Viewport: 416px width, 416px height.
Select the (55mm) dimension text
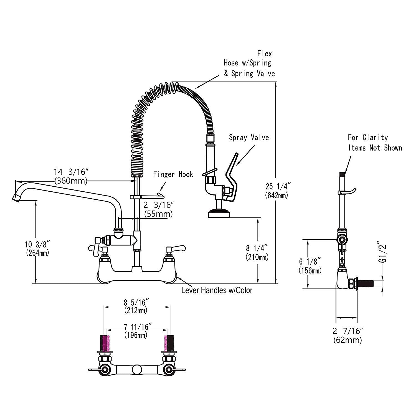[158, 214]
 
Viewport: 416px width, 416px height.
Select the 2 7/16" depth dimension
[347, 331]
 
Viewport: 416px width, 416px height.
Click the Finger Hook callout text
[173, 174]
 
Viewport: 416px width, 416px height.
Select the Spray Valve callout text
[249, 137]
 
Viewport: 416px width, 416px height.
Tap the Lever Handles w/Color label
[217, 290]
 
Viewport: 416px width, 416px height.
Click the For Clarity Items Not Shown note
[375, 142]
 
